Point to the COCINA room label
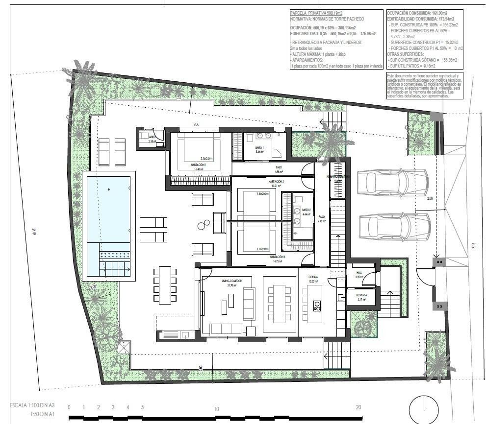coord(313,278)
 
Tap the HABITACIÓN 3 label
coord(277,257)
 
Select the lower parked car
coord(393,226)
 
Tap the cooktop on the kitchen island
coord(317,306)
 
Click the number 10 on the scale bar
coord(216,408)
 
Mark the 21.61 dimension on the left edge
coord(34,231)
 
